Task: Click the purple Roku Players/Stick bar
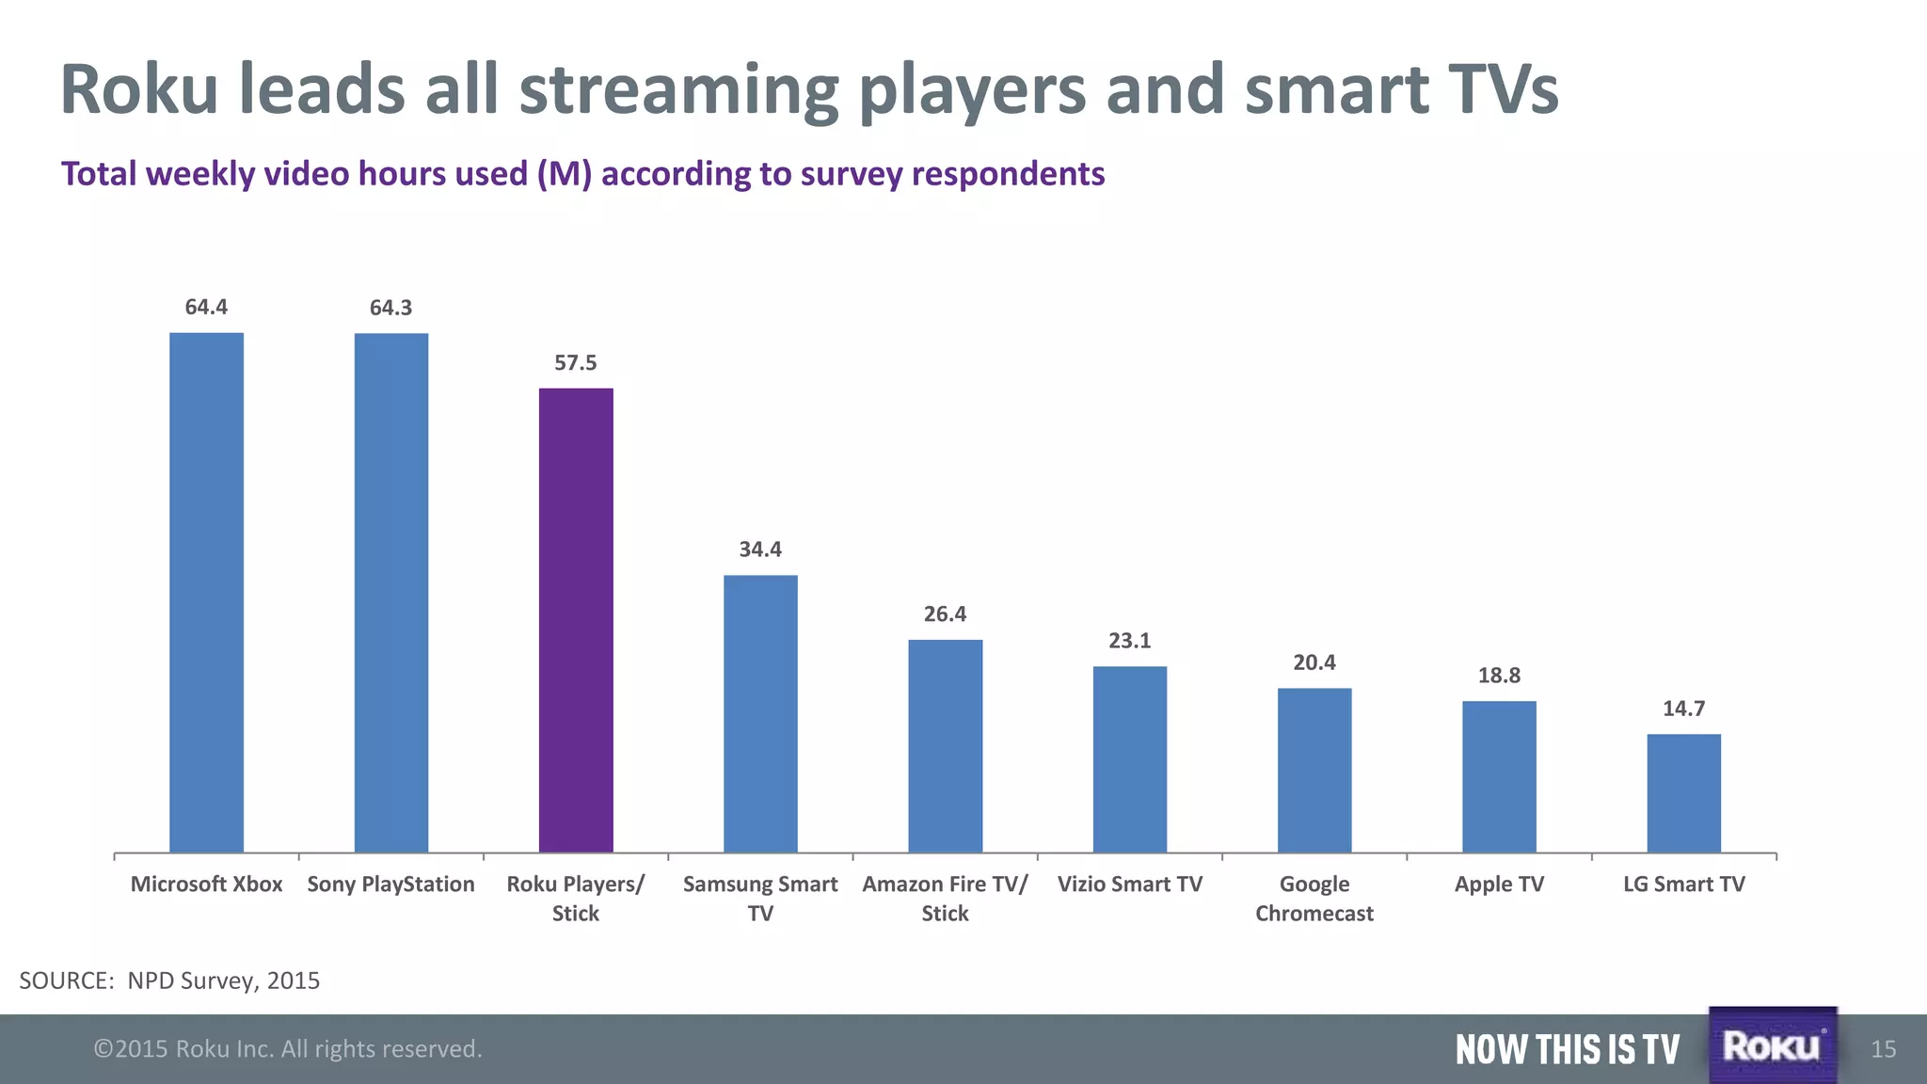pyautogui.click(x=576, y=621)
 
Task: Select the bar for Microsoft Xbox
pyautogui.click(x=206, y=593)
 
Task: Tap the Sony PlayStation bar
pyautogui.click(x=390, y=593)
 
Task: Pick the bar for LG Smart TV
pyautogui.click(x=1683, y=793)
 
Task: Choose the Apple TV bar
pyautogui.click(x=1499, y=777)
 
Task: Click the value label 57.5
pyautogui.click(x=576, y=363)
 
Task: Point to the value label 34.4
pyautogui.click(x=760, y=550)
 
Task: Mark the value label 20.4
pyautogui.click(x=1314, y=662)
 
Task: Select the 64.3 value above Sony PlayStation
pyautogui.click(x=390, y=308)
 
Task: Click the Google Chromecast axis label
pyautogui.click(x=1314, y=899)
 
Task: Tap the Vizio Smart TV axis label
pyautogui.click(x=1130, y=885)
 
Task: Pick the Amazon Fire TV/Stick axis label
pyautogui.click(x=945, y=899)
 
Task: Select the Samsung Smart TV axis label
pyautogui.click(x=760, y=899)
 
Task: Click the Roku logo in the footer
pyautogui.click(x=1772, y=1045)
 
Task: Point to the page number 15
pyautogui.click(x=1884, y=1049)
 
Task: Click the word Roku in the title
pyautogui.click(x=139, y=89)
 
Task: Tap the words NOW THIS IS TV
pyautogui.click(x=1567, y=1049)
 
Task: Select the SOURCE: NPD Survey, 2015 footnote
pyautogui.click(x=169, y=980)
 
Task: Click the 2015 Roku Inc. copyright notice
pyautogui.click(x=288, y=1049)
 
